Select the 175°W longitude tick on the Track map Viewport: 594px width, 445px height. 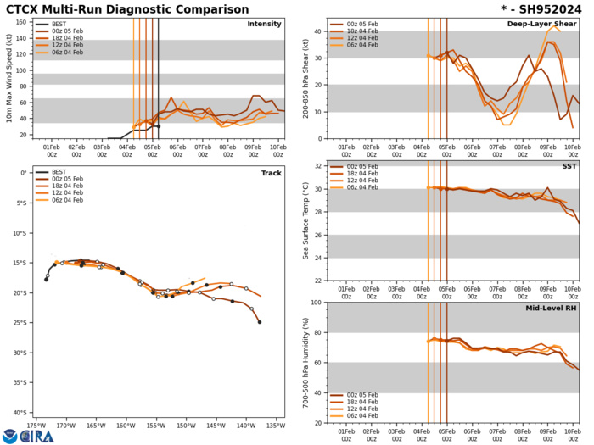(x=36, y=426)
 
